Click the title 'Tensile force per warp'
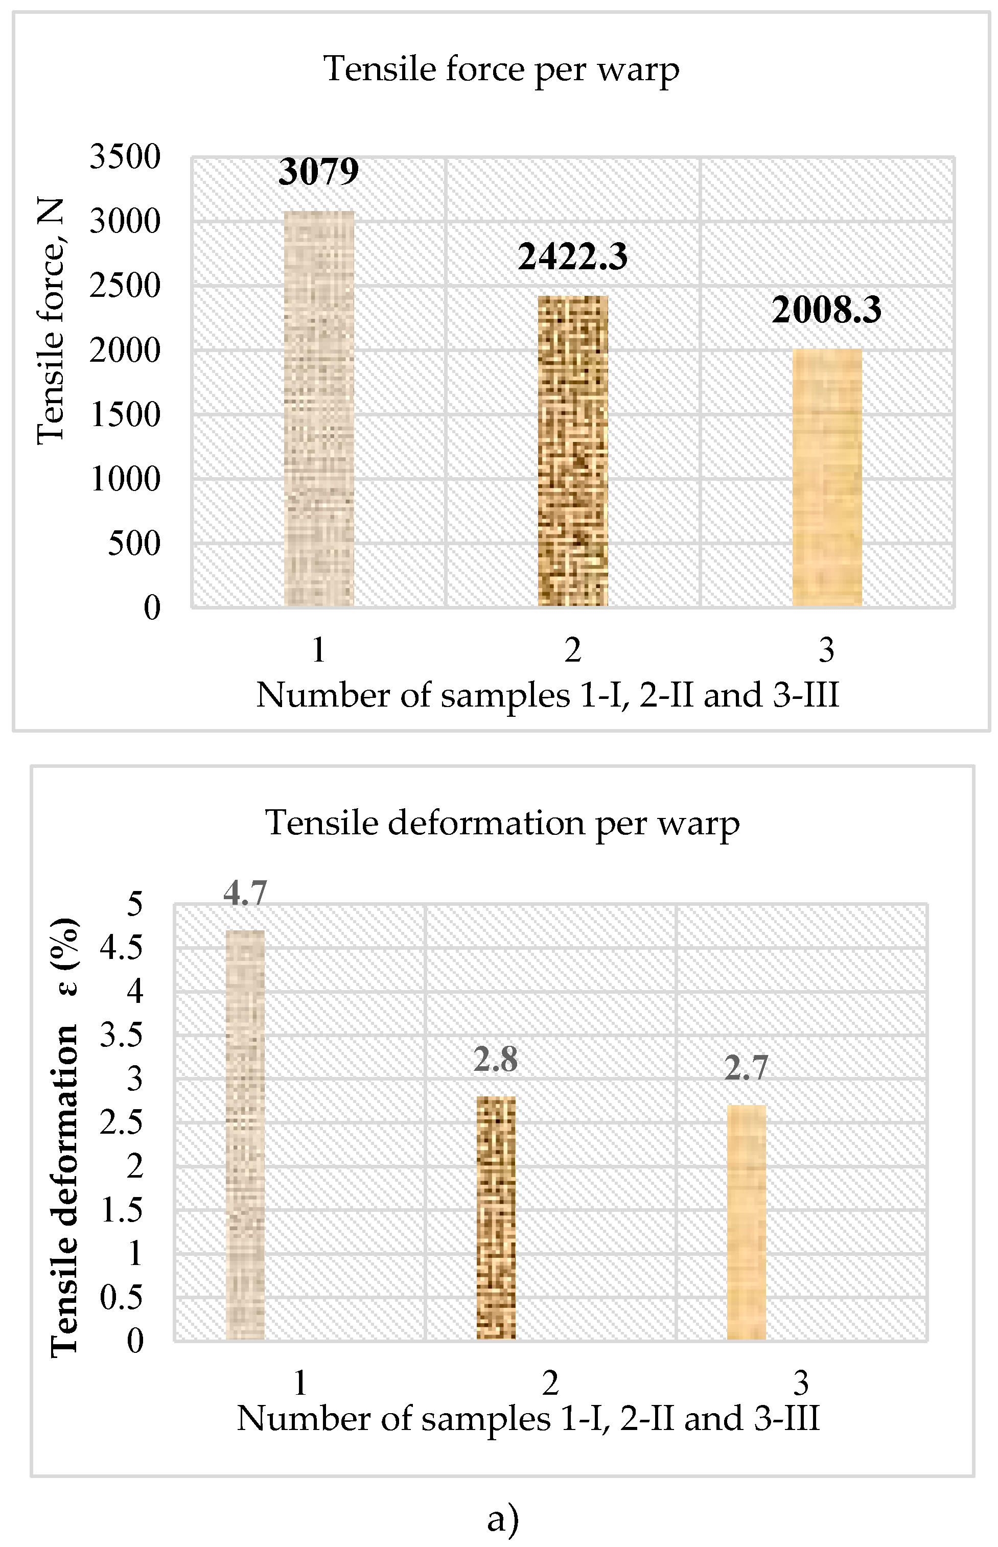[x=501, y=69]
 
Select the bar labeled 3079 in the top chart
[x=319, y=408]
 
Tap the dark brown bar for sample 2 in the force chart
[x=573, y=451]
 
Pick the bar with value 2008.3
[x=827, y=478]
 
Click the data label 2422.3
[x=573, y=256]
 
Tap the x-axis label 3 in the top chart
[x=826, y=650]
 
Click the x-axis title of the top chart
[x=548, y=696]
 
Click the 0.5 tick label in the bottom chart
[x=121, y=1298]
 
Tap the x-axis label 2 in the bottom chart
[x=550, y=1383]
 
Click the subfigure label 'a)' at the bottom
[x=503, y=1518]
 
